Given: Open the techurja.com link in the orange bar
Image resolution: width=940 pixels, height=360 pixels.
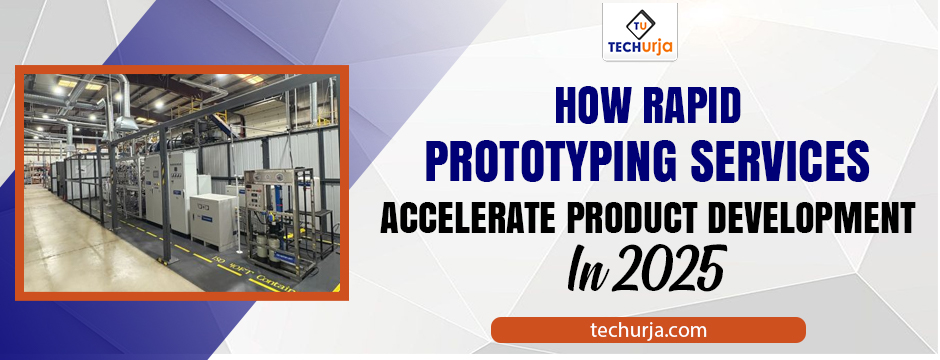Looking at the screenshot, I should (x=648, y=329).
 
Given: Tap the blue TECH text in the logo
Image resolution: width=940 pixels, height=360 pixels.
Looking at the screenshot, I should (x=625, y=47).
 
